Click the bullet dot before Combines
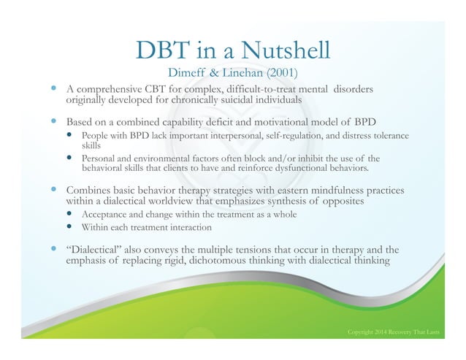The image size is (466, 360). coord(54,189)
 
